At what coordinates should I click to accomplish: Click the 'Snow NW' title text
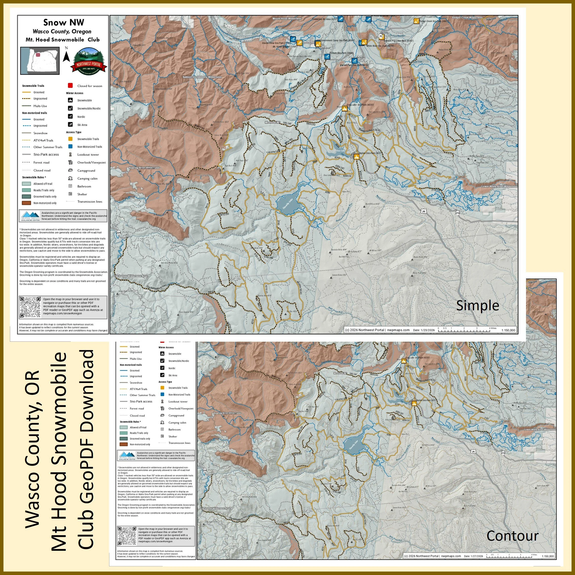[63, 22]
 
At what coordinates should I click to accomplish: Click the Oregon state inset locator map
[40, 60]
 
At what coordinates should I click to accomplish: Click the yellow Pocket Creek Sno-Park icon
[416, 21]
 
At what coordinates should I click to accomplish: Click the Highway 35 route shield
[380, 36]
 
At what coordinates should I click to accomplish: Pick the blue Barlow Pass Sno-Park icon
[354, 61]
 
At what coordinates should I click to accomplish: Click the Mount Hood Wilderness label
[287, 19]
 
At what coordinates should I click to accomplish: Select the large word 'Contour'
[512, 536]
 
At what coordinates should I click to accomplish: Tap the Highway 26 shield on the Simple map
[424, 211]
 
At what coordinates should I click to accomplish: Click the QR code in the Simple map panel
[30, 307]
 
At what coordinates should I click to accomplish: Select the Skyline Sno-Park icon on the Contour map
[414, 404]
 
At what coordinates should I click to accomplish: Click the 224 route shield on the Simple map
[119, 232]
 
